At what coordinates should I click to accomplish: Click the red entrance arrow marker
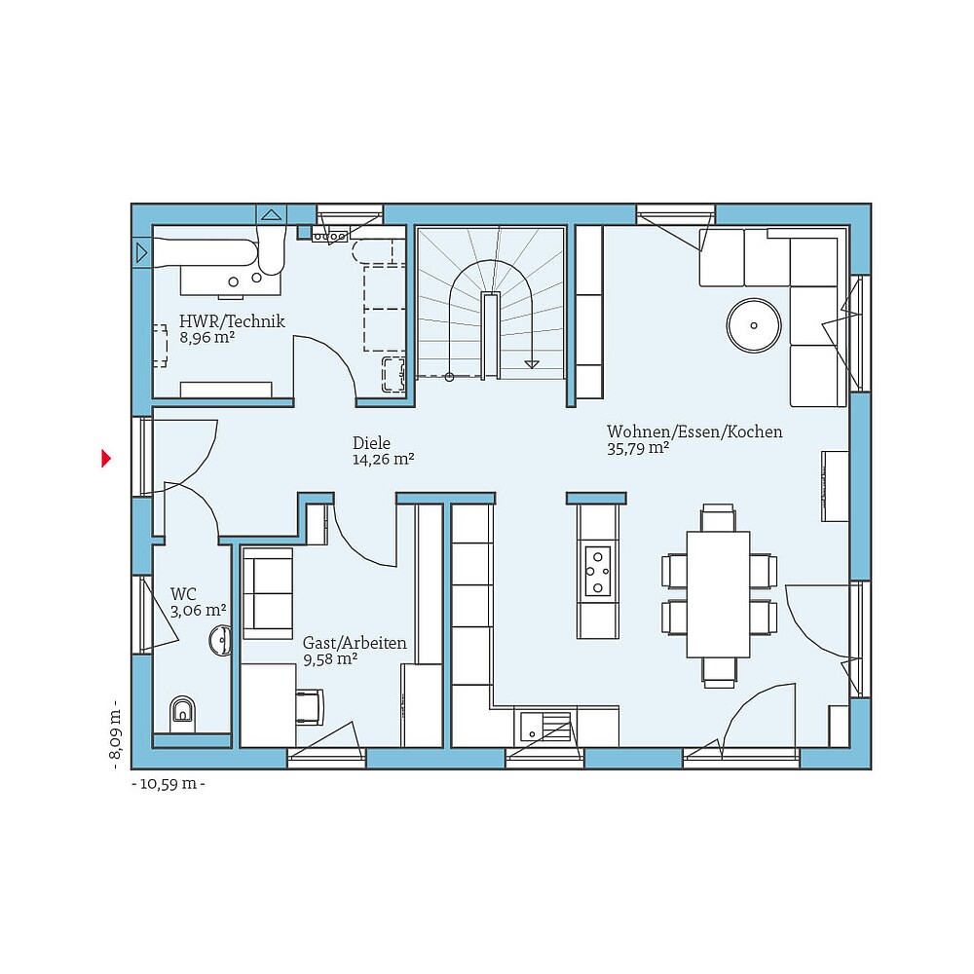[106, 458]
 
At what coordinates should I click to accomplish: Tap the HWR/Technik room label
[232, 321]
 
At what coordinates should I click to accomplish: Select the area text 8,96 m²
[207, 338]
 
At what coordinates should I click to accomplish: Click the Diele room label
[371, 443]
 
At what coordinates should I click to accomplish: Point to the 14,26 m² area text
[384, 460]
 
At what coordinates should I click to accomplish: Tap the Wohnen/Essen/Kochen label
[694, 431]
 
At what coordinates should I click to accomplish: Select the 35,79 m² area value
[637, 448]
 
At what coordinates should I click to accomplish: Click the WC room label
[183, 593]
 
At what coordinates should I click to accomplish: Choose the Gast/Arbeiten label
[355, 643]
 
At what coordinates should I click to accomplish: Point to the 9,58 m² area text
[330, 659]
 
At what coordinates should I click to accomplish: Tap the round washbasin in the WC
[220, 641]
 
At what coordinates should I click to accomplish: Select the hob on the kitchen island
[597, 570]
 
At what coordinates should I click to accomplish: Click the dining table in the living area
[718, 594]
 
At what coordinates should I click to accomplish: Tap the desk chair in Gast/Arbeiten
[309, 707]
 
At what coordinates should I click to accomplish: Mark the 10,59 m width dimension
[168, 783]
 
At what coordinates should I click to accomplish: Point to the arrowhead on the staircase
[531, 363]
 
